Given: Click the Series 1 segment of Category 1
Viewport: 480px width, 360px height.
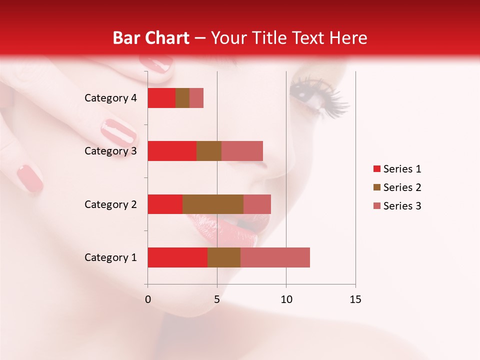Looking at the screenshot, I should pos(177,257).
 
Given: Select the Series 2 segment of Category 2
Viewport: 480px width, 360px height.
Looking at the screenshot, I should pos(213,204).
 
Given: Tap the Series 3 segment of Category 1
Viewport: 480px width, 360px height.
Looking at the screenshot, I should pos(275,257).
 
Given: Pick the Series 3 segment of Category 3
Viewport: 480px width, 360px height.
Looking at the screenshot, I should pos(242,151).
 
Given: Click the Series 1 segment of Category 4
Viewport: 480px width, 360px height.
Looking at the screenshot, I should pos(161,98).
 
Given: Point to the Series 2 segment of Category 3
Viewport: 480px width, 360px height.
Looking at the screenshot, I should pos(209,151).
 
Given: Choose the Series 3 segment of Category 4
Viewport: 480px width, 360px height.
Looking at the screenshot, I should pos(196,98).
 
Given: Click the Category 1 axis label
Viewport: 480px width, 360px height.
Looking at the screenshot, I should pos(110,257).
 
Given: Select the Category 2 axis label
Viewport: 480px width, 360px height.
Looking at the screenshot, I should pos(110,204).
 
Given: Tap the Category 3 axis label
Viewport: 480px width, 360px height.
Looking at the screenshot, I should pos(110,151).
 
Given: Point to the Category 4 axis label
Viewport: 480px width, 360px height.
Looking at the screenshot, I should pos(110,98).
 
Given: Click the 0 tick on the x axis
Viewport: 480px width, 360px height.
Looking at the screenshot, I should pos(147,299).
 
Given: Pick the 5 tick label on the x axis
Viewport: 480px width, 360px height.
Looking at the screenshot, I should pos(217,299).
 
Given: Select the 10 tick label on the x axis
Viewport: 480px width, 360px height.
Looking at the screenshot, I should pos(286,299).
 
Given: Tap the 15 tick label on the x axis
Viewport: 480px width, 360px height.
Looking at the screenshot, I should pos(355,299).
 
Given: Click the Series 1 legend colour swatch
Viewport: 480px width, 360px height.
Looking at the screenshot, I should pos(376,169).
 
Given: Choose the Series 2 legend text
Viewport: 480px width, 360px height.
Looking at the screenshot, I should pos(402,187).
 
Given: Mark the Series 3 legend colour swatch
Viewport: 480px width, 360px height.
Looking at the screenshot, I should pos(376,206).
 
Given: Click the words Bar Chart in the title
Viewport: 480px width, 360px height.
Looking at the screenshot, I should pos(150,38).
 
